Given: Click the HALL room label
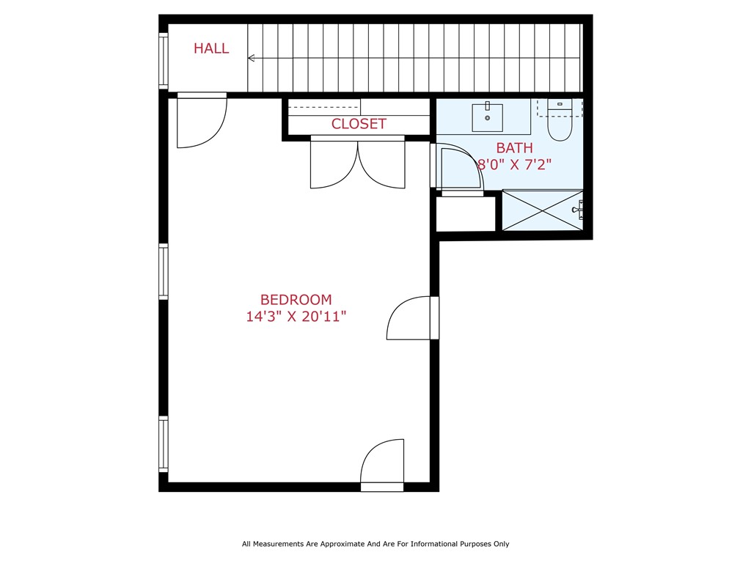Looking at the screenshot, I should [x=211, y=49].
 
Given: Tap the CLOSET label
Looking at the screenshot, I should [x=359, y=124].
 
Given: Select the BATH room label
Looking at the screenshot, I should [x=514, y=148].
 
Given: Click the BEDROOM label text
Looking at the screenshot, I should [x=296, y=300].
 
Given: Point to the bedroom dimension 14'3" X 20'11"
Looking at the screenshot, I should [x=296, y=317].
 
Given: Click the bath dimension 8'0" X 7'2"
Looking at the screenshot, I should [x=514, y=165].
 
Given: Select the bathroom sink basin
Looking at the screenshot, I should [x=488, y=116].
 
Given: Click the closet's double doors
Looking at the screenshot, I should [x=357, y=163].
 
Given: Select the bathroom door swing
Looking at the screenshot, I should [x=460, y=169].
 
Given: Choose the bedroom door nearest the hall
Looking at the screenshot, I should [x=202, y=121].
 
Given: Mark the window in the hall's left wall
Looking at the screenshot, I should [x=164, y=60].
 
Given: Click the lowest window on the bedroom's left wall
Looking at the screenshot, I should [x=164, y=444].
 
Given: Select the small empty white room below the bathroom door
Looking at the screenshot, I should [x=466, y=213].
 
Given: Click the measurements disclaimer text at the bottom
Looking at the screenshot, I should [x=375, y=544].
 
